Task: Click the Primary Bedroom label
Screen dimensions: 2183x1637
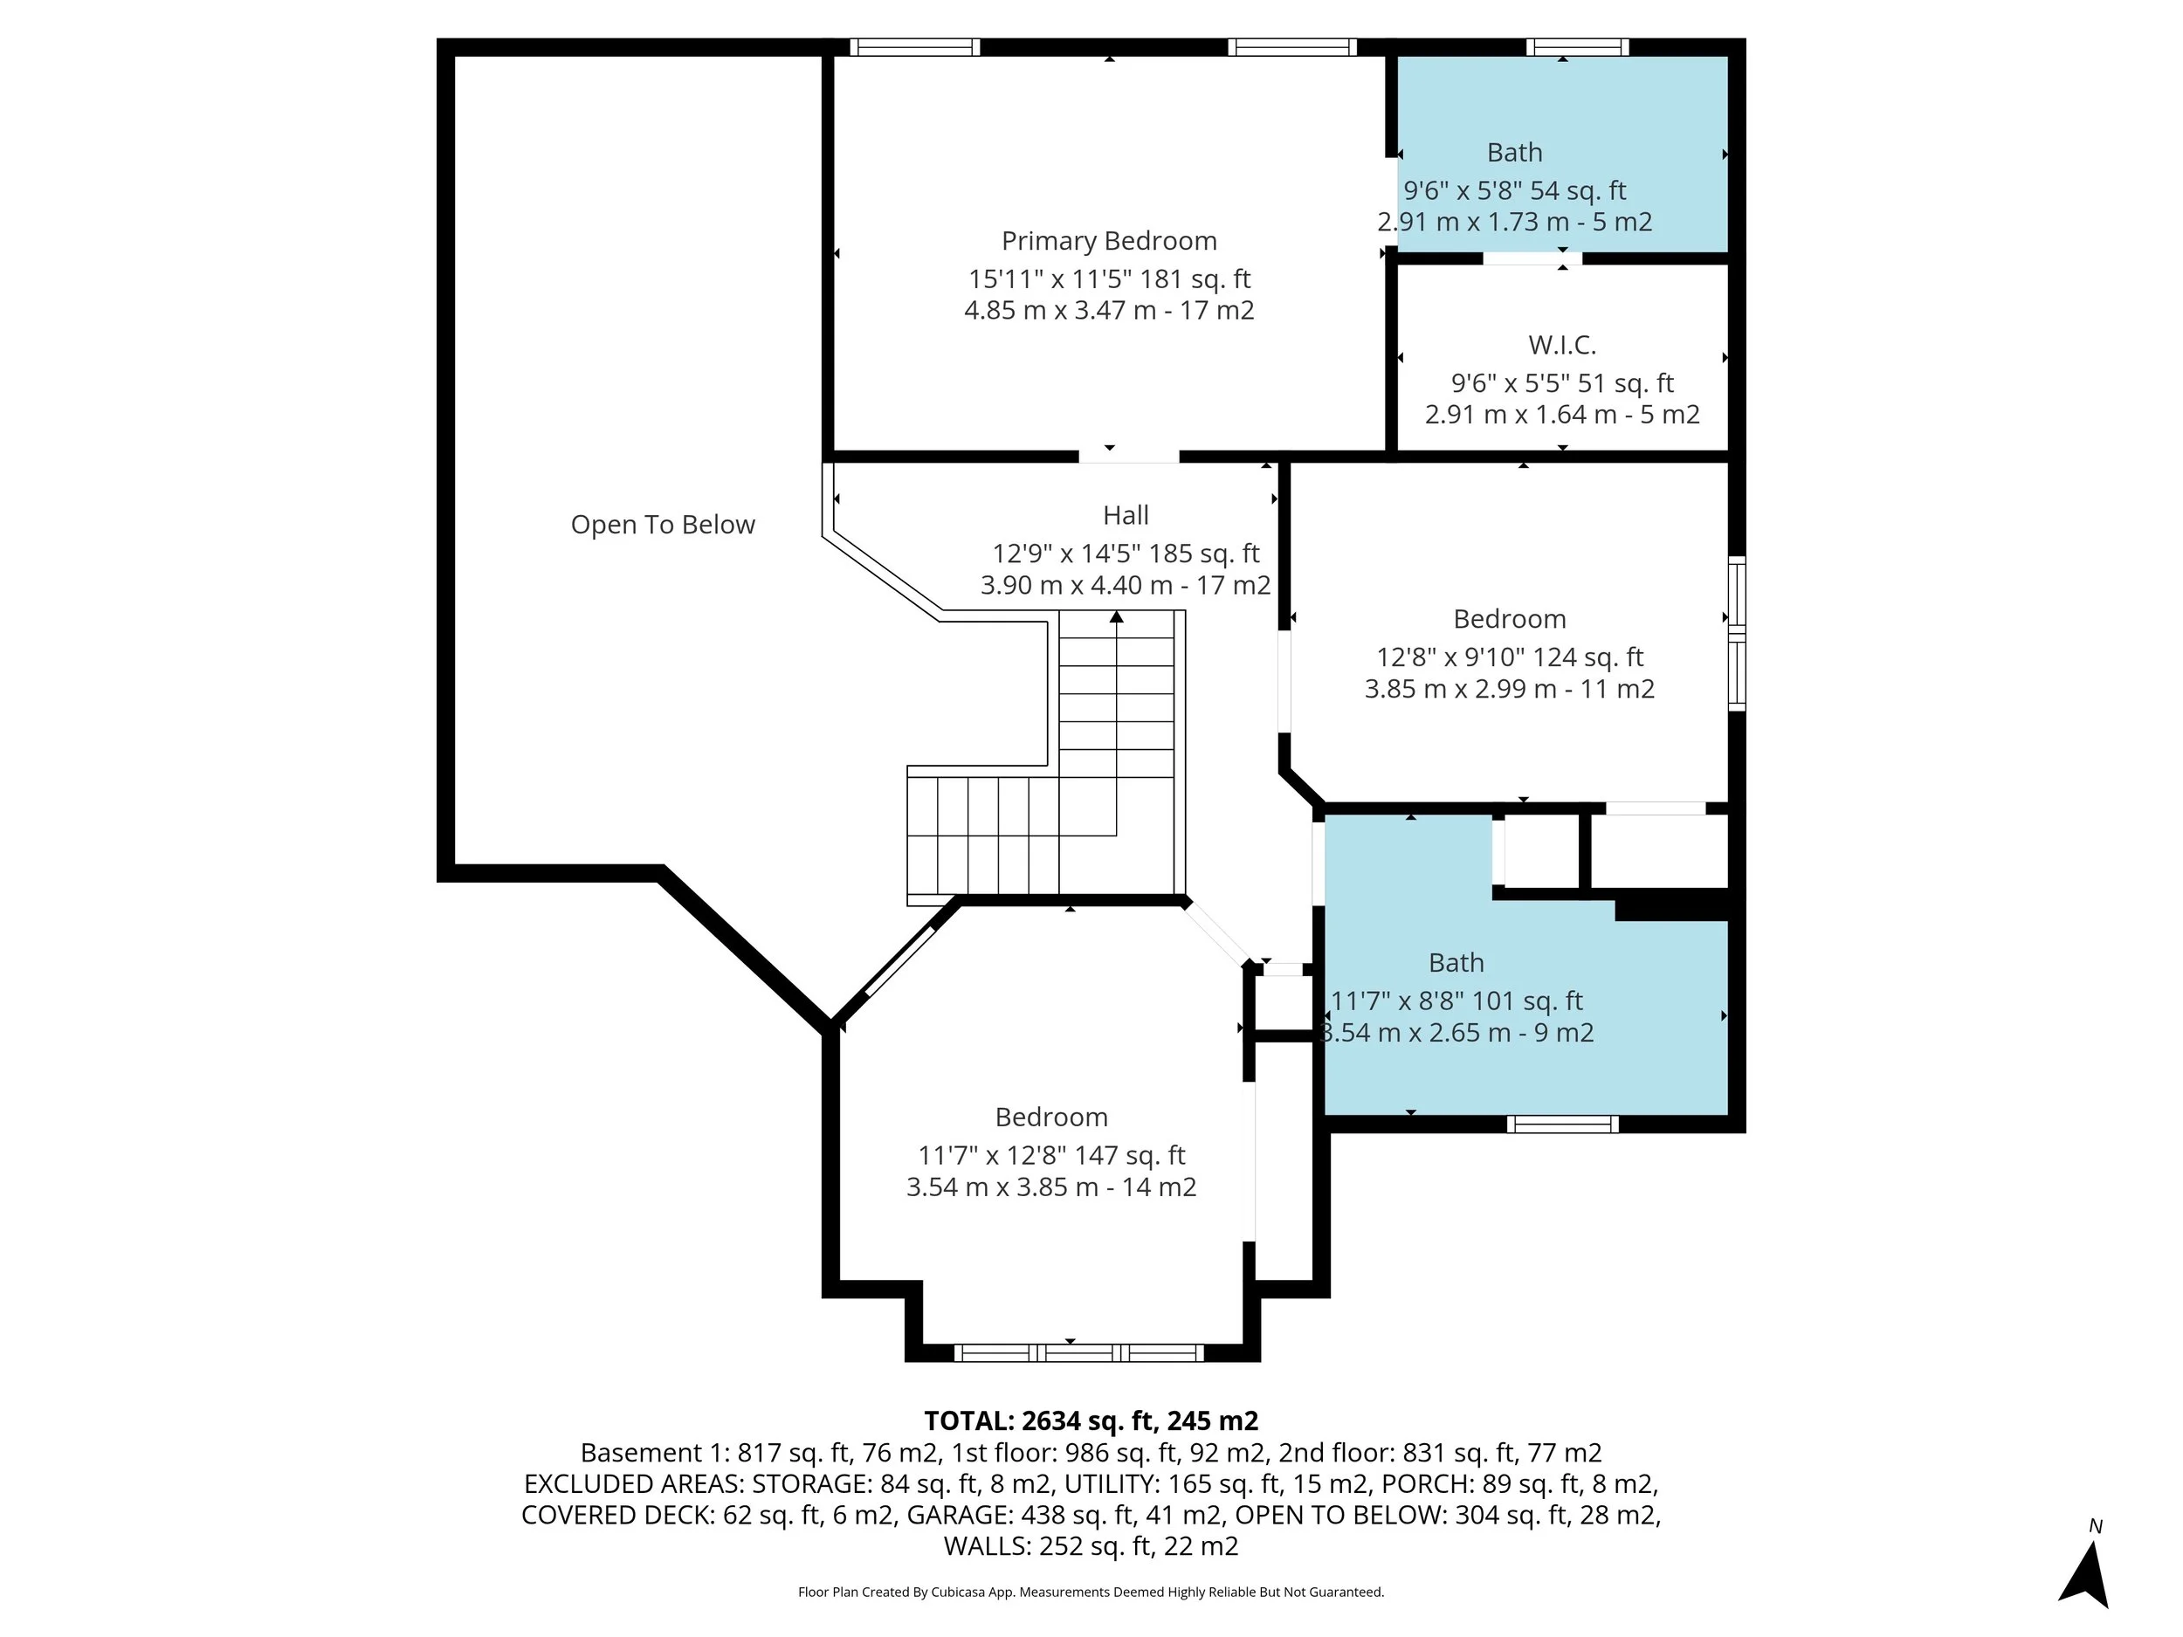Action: click(1109, 242)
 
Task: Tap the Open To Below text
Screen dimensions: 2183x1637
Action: click(663, 525)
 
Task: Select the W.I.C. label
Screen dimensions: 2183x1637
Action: click(1562, 346)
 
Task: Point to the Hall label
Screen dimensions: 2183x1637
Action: click(1126, 515)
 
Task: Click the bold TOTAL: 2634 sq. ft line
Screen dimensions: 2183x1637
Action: click(1091, 1420)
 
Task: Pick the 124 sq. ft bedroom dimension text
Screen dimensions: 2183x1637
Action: click(1510, 657)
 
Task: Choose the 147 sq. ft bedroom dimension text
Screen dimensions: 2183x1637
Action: click(1051, 1155)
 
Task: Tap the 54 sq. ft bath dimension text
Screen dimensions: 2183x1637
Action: click(1515, 190)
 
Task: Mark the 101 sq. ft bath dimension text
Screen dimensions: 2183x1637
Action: click(1456, 1001)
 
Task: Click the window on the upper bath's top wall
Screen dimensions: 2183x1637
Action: click(1577, 47)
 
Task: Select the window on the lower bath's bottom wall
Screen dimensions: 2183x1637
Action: click(1563, 1124)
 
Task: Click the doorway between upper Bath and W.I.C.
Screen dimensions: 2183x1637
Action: click(1532, 258)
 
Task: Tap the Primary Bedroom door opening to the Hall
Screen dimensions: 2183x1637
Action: click(1129, 457)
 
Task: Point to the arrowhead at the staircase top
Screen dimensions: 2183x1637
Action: click(1116, 616)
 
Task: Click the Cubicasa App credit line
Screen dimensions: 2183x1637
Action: click(1091, 1592)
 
